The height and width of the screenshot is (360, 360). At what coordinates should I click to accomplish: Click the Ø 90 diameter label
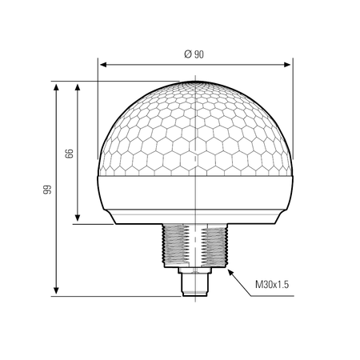pos(194,54)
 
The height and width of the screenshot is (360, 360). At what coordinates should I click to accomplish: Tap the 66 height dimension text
pos(69,154)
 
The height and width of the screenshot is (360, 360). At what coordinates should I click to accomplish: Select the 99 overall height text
pos(47,190)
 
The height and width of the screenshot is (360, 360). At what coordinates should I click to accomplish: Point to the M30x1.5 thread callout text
pos(272,284)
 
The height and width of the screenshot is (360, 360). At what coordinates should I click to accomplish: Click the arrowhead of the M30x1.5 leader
pos(230,273)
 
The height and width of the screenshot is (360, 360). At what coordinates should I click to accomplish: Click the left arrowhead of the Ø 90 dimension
pos(103,65)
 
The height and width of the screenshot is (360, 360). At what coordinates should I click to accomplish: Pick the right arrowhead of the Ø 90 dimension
pos(287,65)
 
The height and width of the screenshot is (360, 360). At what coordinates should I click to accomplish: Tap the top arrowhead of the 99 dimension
pos(56,87)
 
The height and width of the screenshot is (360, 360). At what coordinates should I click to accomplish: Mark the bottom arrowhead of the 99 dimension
pos(56,290)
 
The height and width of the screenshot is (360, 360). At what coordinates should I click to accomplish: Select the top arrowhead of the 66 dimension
pos(78,87)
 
